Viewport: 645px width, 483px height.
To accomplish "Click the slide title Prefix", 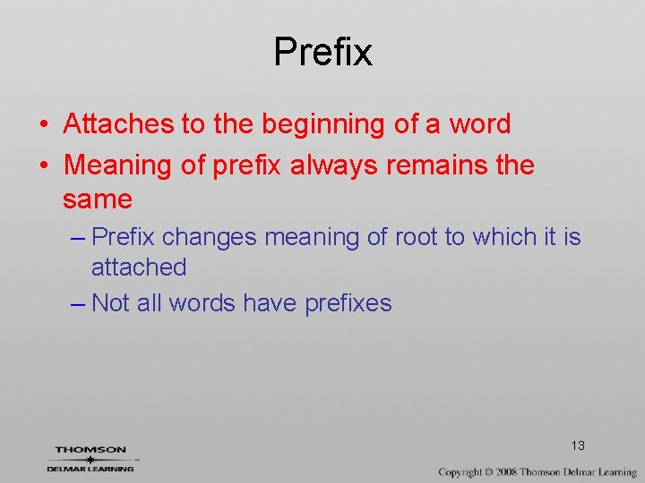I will (x=322, y=52).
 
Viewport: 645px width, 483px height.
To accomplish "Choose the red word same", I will (x=98, y=199).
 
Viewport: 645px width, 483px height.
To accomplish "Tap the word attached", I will (x=139, y=267).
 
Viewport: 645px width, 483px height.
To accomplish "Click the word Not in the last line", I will (x=110, y=303).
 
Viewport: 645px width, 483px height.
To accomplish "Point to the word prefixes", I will (x=348, y=304).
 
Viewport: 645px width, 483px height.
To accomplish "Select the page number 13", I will (x=577, y=445).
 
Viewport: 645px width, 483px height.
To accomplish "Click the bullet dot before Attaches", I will (x=43, y=125).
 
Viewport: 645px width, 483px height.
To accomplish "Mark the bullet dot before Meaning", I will (x=43, y=166).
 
